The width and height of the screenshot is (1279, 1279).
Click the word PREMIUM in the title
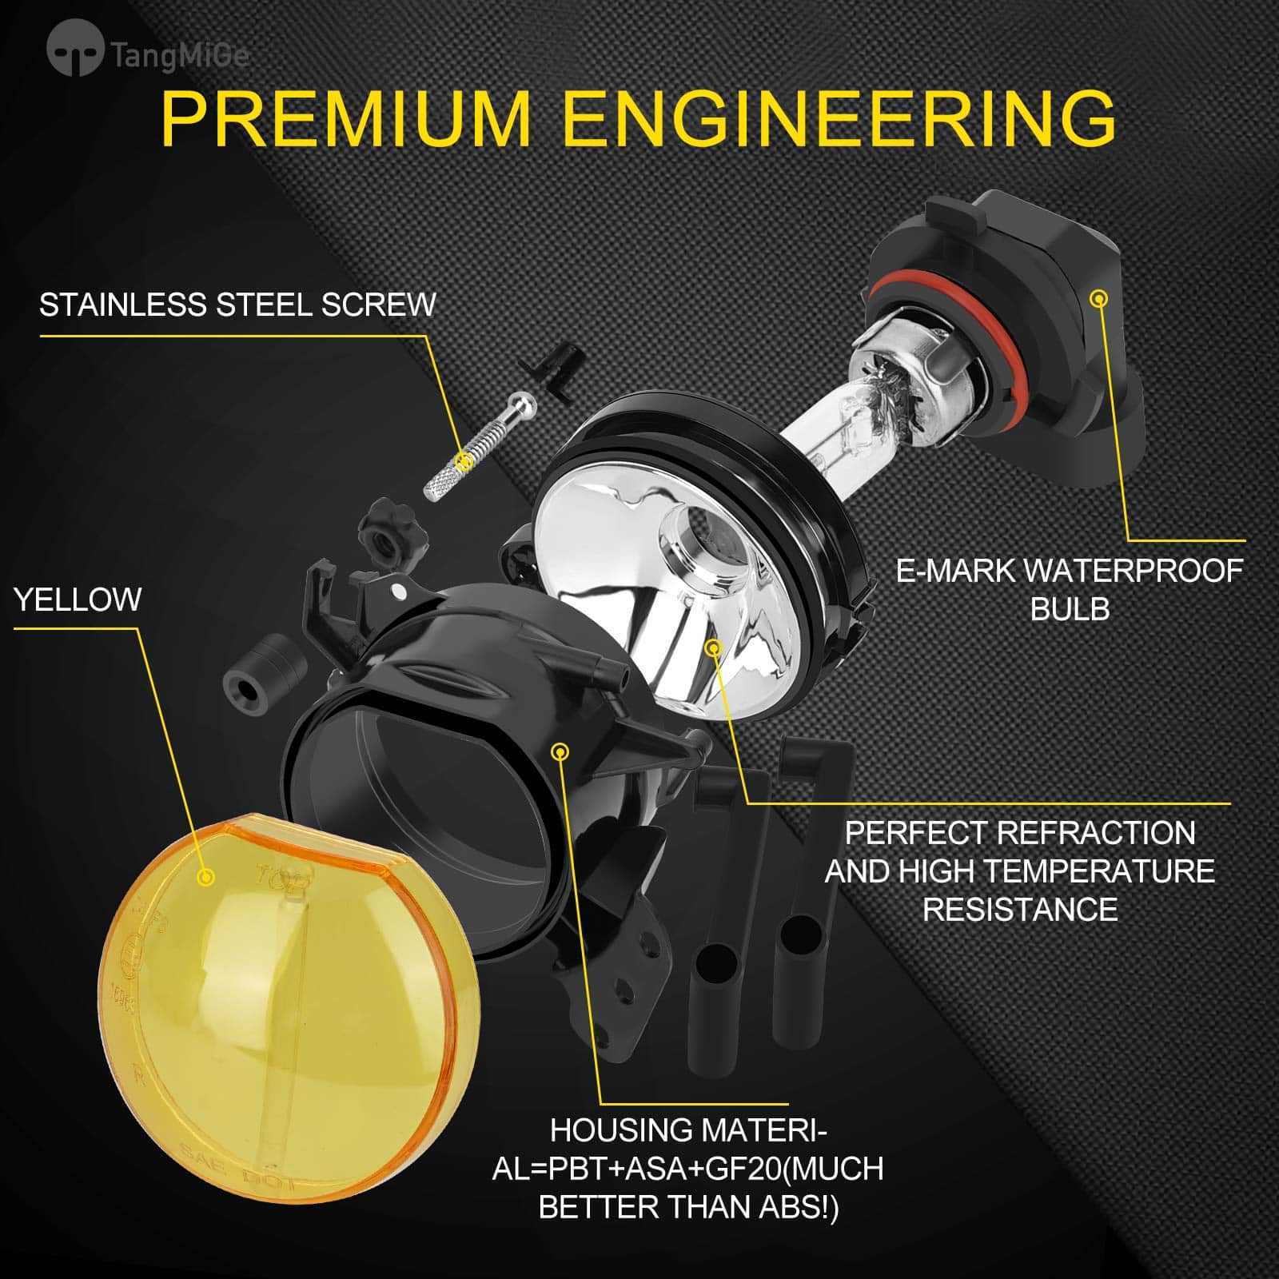345,118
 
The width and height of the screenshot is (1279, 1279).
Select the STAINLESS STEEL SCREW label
237,305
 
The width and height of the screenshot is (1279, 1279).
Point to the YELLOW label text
78,600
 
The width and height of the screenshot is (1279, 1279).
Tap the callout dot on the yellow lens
206,877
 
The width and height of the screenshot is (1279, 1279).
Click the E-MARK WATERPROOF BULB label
1070,590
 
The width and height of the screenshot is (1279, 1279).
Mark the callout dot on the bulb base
1100,298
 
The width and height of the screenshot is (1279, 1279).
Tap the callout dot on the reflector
712,646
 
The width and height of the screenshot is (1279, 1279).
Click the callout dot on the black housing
560,751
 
